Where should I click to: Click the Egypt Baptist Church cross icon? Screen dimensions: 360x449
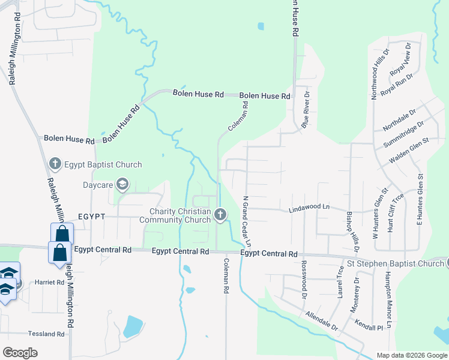click(55, 164)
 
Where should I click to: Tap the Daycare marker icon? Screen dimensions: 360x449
click(122, 184)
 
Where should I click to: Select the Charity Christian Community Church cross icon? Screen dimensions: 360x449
click(220, 214)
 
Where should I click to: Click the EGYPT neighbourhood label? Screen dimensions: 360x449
click(91, 216)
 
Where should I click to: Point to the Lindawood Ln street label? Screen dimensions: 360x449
click(309, 207)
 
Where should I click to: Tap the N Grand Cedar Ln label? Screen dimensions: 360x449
click(246, 220)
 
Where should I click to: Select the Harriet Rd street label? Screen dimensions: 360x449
click(49, 282)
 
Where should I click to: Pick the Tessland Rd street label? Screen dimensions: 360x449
click(46, 334)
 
